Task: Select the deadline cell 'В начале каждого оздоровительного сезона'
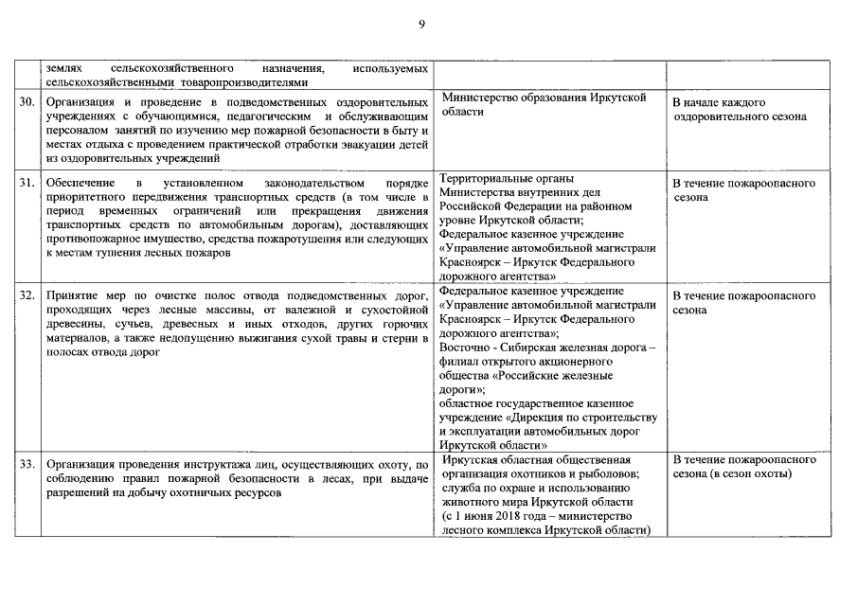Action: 739,109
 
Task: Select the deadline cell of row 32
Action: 743,302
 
